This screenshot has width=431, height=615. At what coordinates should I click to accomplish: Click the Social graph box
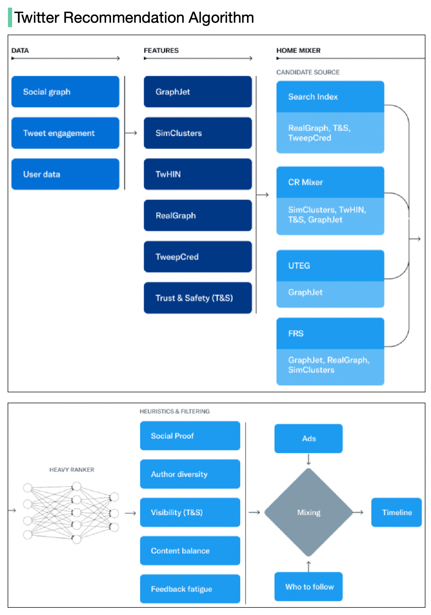[65, 92]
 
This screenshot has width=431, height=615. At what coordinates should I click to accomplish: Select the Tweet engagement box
[65, 133]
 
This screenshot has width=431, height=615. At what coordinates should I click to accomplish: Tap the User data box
[65, 174]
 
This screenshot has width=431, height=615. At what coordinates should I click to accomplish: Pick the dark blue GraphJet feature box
[198, 92]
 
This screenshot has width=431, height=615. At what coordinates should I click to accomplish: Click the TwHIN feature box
[198, 174]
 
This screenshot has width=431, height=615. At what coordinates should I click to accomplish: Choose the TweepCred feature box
[198, 257]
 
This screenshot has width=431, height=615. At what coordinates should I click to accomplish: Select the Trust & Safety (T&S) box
[198, 298]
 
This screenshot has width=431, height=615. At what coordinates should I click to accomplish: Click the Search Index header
[330, 97]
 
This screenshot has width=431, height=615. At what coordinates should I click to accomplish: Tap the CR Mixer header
[330, 182]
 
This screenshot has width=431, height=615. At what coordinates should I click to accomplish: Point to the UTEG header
[330, 266]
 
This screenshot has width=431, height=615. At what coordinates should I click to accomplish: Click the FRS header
[330, 334]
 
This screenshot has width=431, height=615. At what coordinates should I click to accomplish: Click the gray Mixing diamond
[309, 513]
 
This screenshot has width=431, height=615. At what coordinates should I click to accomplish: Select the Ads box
[309, 439]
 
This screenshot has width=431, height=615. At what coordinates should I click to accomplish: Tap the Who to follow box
[309, 587]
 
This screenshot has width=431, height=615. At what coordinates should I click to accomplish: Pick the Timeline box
[397, 513]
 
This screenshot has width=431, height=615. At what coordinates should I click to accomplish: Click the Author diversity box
[190, 474]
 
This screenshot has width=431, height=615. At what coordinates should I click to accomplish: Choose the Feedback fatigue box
[190, 589]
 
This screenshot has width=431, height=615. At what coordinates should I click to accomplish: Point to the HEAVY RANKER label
[72, 470]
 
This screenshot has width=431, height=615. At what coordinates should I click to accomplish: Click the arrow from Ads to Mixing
[309, 460]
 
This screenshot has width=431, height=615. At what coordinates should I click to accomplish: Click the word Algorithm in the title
[221, 17]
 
